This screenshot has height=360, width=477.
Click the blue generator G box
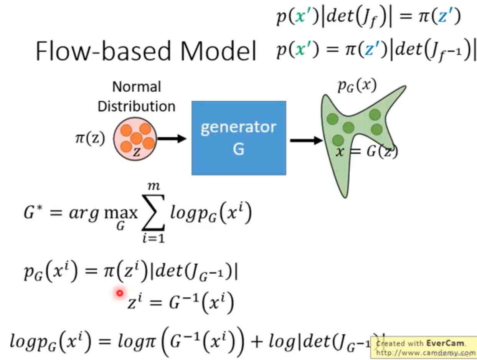point(239,138)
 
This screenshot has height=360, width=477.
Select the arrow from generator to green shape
point(306,141)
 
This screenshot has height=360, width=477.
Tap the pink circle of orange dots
point(135,139)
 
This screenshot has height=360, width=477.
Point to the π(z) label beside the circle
point(89,138)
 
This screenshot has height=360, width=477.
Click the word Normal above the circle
point(136,87)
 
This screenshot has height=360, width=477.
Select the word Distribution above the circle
point(136,106)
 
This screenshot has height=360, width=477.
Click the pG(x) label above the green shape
point(357,86)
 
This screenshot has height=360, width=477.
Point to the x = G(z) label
point(366,152)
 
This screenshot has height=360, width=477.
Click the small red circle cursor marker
point(119,293)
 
